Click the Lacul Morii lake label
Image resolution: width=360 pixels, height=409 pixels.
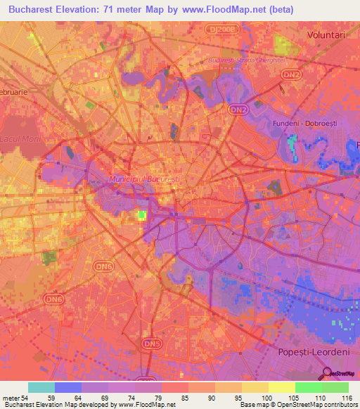click(x=21, y=138)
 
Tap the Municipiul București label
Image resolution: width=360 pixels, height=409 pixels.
click(x=144, y=180)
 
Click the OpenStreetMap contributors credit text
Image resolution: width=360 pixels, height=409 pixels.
click(x=328, y=405)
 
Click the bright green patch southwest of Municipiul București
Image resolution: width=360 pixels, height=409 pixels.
click(x=141, y=215)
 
